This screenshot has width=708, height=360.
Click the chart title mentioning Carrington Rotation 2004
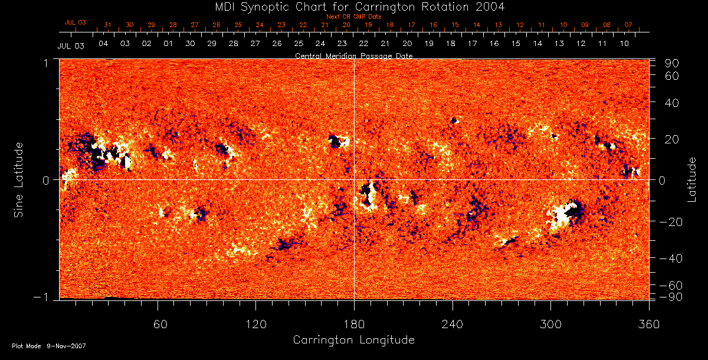pyautogui.click(x=353, y=7)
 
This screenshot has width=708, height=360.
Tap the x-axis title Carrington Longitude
pyautogui.click(x=353, y=340)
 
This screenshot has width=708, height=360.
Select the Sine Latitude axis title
pyautogui.click(x=19, y=179)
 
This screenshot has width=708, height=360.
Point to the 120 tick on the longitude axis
pyautogui.click(x=255, y=324)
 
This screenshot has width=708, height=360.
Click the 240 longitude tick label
pyautogui.click(x=452, y=324)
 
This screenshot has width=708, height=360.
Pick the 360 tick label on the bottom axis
pyautogui.click(x=648, y=324)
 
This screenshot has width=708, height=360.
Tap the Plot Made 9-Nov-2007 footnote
pyautogui.click(x=49, y=346)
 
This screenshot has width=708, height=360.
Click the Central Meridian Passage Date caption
pyautogui.click(x=353, y=55)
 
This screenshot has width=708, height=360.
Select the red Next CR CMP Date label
pyautogui.click(x=353, y=17)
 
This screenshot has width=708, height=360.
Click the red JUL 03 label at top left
pyautogui.click(x=75, y=22)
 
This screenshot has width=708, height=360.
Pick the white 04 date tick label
pyautogui.click(x=103, y=44)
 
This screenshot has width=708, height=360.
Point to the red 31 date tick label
pyautogui.click(x=107, y=25)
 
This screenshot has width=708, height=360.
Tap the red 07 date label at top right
pyautogui.click(x=628, y=25)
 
